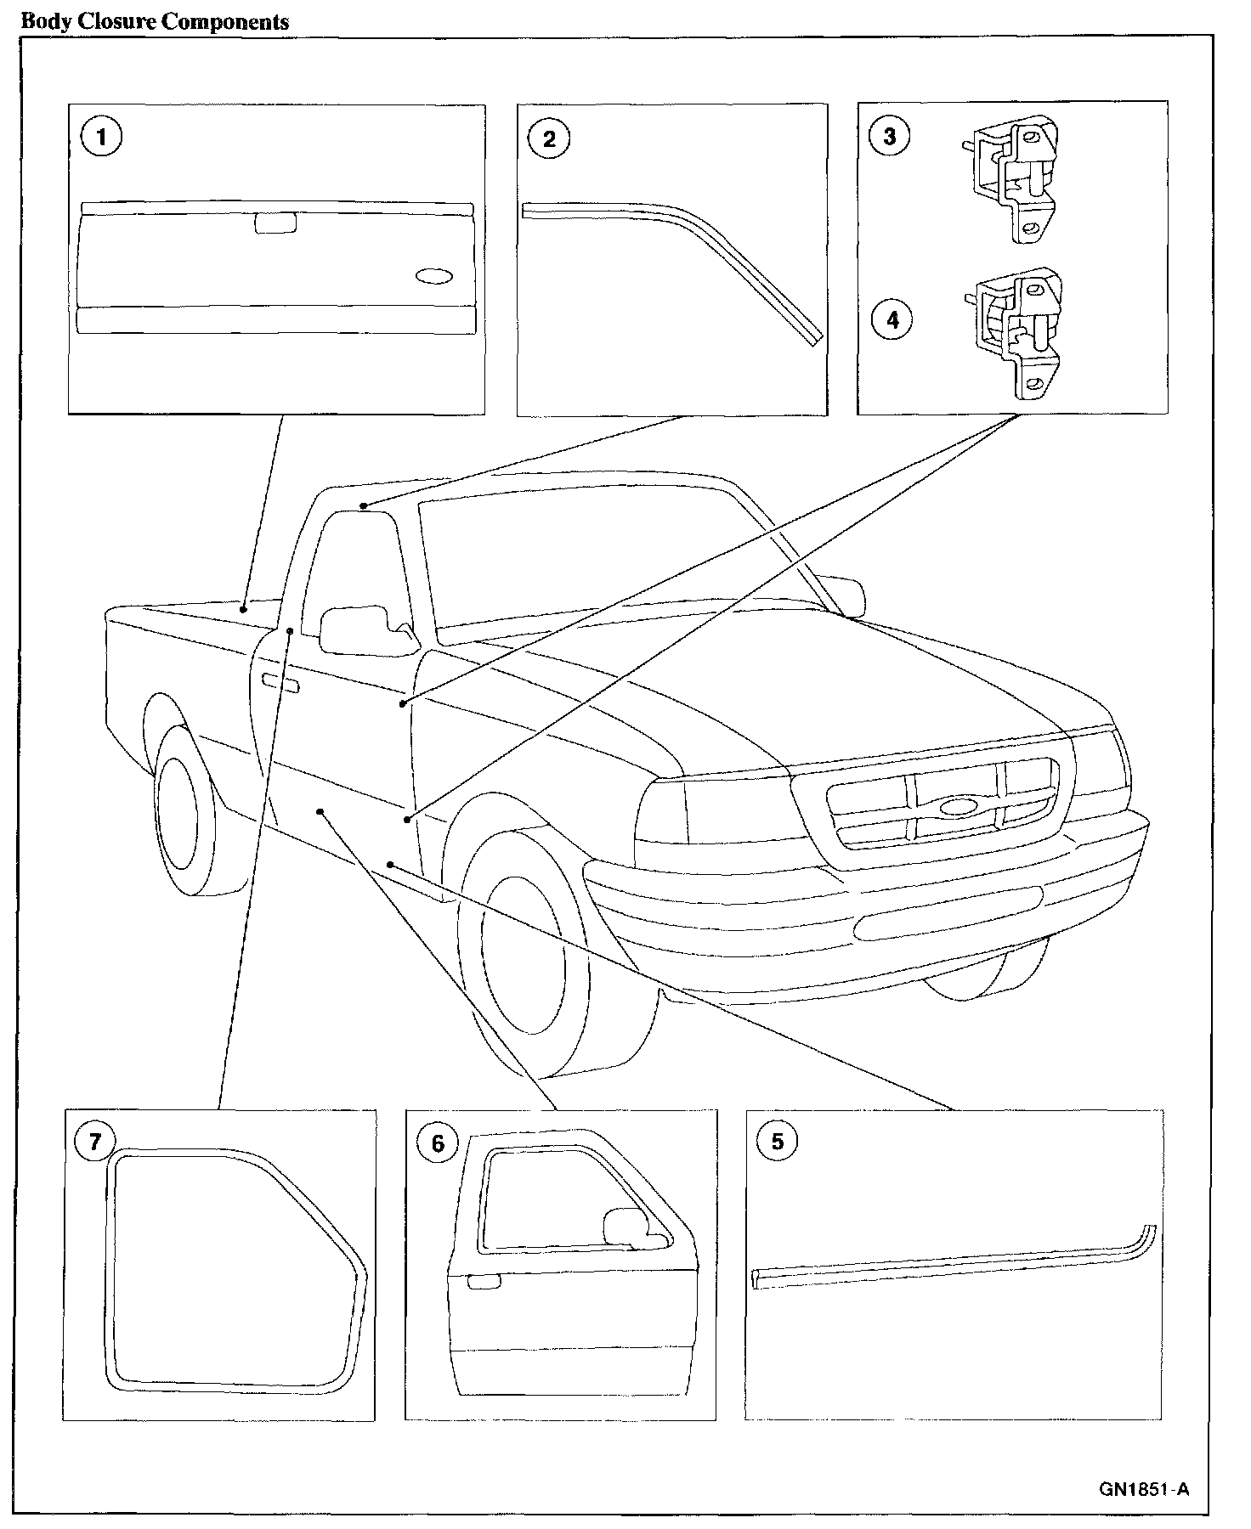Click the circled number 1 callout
(x=102, y=137)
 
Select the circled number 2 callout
(x=549, y=138)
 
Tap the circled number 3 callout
(x=890, y=136)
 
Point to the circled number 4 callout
(x=892, y=319)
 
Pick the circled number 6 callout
(x=438, y=1143)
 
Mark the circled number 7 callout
(x=94, y=1142)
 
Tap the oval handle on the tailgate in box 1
(x=434, y=277)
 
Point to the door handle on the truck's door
(x=280, y=681)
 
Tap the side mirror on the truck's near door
(x=357, y=629)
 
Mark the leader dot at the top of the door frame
(x=363, y=506)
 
